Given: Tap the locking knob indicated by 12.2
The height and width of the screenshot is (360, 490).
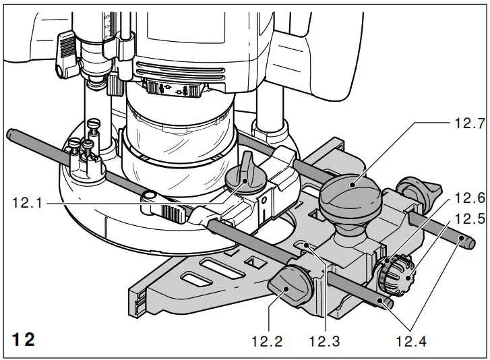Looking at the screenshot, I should coord(289,291).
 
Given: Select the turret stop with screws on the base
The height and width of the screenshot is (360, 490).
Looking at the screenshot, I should coord(88,152).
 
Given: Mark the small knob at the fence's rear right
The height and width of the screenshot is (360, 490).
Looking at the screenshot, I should coord(415,190).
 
